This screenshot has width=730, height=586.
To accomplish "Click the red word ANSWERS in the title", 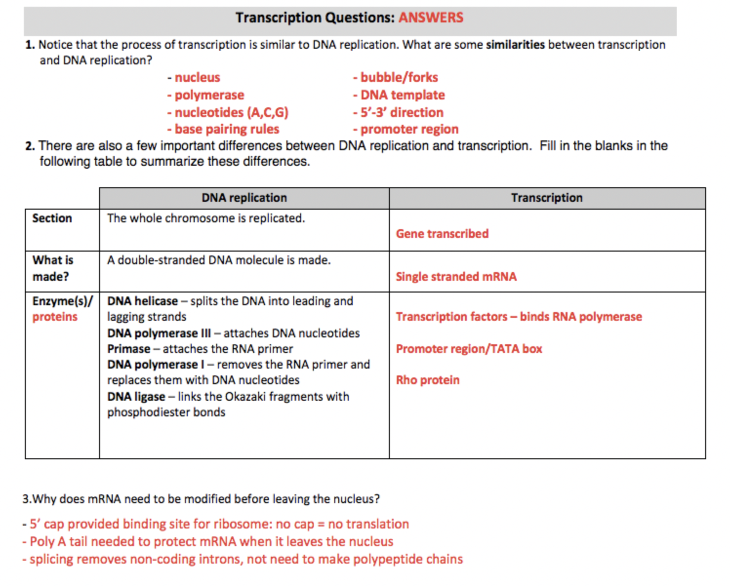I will pos(431,18).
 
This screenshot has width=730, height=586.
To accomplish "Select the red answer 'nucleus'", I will pos(197,78).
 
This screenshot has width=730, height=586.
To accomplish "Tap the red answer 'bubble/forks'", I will pos(399,78).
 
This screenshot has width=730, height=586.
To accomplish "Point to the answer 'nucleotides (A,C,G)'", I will pos(231,113).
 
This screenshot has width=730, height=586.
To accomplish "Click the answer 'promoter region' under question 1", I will pos(409,129).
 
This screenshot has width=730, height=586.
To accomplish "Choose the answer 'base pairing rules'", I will pos(226,129).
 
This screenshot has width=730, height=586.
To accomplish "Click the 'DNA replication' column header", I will pos(244,198).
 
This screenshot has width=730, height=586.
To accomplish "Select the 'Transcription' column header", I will pos(547,198).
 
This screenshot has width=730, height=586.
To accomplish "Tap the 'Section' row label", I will pos(52,218).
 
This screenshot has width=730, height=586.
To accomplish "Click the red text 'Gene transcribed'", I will pos(442,234).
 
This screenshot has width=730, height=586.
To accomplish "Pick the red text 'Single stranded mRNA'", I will pos(456,277).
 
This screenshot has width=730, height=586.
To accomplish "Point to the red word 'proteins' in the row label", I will pos(55,317).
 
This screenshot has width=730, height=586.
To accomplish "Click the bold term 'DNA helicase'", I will pos(142,301).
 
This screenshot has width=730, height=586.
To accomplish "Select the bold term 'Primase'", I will pos(129,349).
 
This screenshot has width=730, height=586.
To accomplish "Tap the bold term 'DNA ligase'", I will pos(136,397).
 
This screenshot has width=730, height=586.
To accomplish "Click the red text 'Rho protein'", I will pos(427,380).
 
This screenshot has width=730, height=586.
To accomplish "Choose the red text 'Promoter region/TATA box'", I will pos(469,349).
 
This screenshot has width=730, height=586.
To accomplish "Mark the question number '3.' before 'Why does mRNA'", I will pos(27,499).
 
